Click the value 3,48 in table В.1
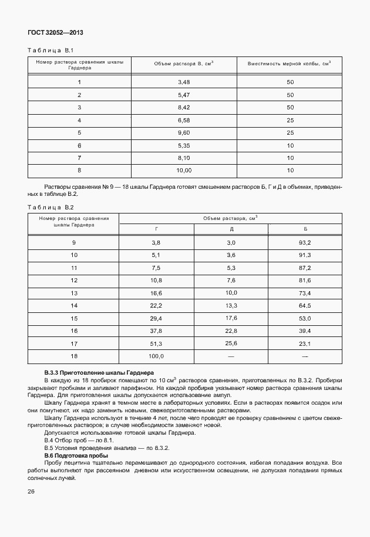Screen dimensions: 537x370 point(184,82)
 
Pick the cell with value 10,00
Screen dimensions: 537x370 point(184,171)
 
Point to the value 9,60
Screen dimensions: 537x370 point(184,132)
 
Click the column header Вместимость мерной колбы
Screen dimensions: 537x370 point(290,64)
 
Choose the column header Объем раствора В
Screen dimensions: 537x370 point(184,64)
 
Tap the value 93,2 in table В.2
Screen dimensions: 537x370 point(304,242)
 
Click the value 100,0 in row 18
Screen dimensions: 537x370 point(156,356)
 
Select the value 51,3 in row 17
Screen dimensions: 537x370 point(156,343)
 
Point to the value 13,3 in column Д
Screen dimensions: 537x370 point(231,306)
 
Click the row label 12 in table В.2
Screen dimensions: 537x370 point(74,281)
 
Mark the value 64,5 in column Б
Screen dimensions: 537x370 point(304,306)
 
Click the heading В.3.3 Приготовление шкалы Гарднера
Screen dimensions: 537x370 point(99,373)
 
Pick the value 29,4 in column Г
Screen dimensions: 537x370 point(156,318)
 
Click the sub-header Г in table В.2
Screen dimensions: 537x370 point(156,227)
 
